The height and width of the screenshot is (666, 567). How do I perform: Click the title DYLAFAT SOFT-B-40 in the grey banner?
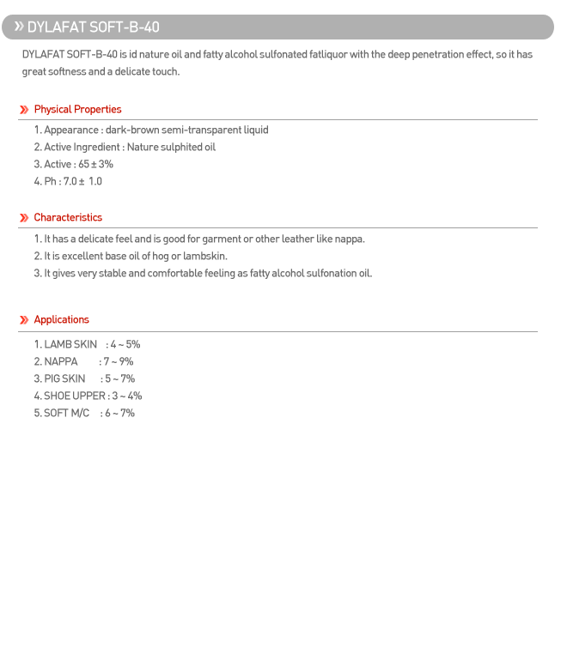93,27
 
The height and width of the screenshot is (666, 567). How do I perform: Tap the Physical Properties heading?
77,110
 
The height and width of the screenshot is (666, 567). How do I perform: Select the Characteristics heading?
68,218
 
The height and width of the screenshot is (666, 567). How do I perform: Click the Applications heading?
61,320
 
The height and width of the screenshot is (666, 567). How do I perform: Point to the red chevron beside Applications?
24,320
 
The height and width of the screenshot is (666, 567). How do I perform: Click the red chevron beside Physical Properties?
24,110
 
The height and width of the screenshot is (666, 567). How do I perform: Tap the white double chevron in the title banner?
18,27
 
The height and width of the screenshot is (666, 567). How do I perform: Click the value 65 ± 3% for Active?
95,165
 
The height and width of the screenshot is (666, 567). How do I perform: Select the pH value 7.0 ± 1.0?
82,182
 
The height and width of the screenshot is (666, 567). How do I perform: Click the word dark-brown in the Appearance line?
132,130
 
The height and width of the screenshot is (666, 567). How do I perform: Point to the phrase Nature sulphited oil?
171,148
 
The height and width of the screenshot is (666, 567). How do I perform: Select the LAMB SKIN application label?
70,345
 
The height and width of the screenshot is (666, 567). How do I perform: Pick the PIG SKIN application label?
64,379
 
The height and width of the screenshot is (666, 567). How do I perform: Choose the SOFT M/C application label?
67,414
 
